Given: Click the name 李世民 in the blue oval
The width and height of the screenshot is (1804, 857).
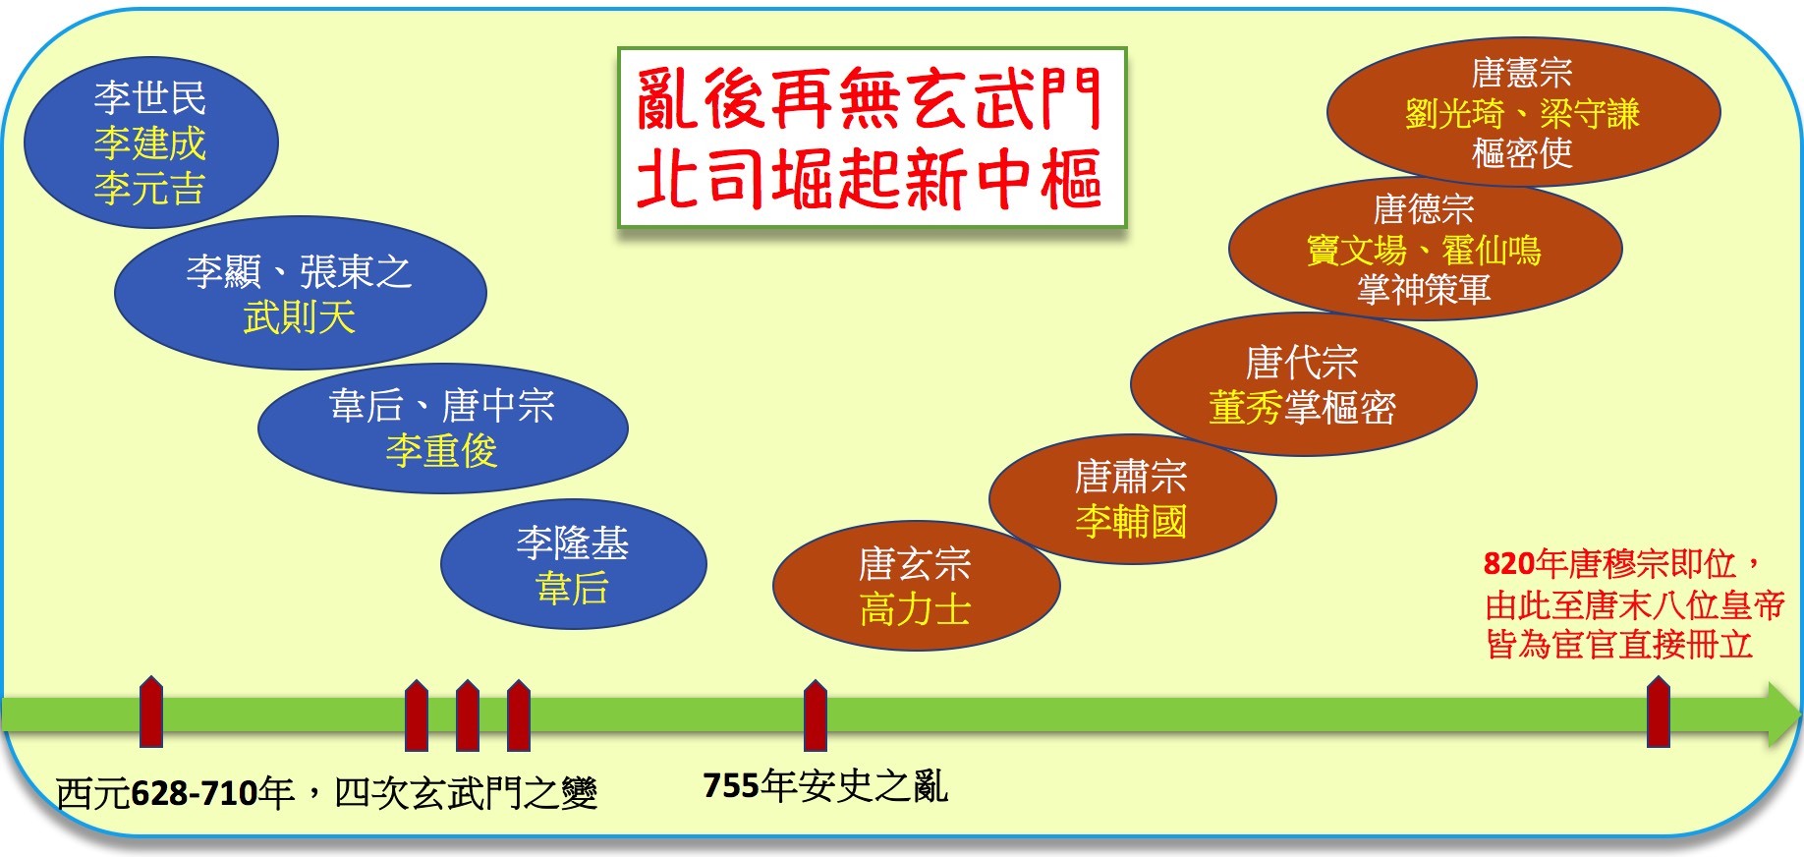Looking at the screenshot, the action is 150,97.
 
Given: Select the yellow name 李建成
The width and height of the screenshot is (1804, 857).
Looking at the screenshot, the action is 150,143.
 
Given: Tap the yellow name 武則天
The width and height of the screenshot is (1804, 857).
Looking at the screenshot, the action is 300,316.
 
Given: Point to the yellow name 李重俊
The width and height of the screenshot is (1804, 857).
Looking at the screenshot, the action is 442,451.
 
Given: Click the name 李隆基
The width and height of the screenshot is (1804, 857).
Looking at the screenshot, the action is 573,543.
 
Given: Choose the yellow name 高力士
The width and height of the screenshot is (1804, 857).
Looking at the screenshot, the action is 916,609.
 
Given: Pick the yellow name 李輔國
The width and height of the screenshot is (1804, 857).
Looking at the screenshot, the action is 1132,521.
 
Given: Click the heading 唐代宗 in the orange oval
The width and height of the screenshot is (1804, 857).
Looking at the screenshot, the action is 1302,363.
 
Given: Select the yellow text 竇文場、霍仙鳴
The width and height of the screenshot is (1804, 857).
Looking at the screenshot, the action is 1424,251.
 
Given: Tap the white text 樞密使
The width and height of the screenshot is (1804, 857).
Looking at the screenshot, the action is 1522,152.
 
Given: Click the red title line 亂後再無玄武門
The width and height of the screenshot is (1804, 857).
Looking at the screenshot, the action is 871,99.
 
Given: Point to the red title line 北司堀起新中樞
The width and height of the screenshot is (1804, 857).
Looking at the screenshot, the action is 871,178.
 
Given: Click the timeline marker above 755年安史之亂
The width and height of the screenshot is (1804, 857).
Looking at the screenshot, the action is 816,714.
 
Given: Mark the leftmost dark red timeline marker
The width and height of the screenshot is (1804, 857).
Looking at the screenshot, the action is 151,712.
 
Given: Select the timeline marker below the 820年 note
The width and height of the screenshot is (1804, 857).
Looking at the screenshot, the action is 1659,712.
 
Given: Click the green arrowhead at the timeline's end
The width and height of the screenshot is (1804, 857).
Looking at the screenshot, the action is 1783,714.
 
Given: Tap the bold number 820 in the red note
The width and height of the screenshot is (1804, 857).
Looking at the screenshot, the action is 1509,563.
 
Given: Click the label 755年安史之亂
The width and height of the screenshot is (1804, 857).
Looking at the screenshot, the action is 825,785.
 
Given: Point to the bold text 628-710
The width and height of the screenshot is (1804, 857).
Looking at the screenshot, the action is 195,792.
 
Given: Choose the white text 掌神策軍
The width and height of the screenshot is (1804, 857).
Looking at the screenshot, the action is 1424,289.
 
